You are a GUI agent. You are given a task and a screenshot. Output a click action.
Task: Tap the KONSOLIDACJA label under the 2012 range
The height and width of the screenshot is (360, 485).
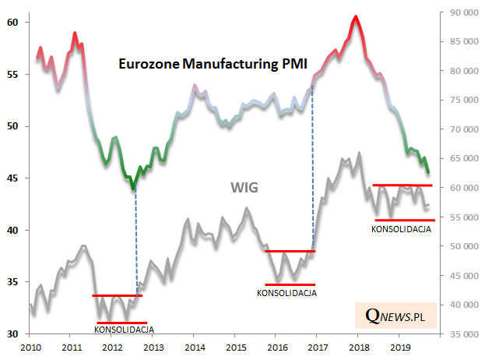pos(124,330)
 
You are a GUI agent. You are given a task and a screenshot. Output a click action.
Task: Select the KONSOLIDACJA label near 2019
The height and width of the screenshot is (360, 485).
pos(402,229)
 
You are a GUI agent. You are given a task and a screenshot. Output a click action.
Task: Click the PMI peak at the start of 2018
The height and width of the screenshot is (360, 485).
pos(355,16)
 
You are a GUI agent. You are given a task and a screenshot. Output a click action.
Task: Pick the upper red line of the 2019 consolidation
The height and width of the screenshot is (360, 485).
pos(402,185)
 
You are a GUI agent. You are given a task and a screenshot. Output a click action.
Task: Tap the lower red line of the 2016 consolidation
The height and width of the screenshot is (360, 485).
pos(290,284)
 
